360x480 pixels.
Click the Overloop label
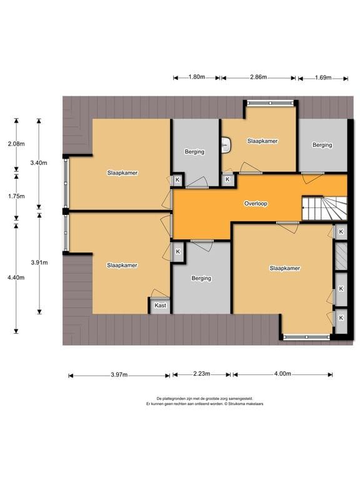[256, 204]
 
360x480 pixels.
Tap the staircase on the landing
[324, 208]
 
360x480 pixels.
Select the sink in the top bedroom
[226, 144]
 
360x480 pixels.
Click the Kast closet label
[160, 305]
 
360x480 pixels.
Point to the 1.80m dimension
[196, 77]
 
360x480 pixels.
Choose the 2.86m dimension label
[258, 77]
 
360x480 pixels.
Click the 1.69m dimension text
[323, 77]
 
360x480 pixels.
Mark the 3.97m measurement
[119, 375]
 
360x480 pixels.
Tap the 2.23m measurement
[201, 374]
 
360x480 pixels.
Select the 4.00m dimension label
[282, 374]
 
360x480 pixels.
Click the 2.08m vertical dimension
[16, 144]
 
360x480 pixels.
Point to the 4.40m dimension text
[16, 277]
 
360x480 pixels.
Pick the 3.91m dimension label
[39, 262]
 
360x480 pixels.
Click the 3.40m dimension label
[39, 163]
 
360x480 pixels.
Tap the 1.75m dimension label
[16, 196]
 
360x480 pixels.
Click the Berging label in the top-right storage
[322, 145]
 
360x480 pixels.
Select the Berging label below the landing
[201, 278]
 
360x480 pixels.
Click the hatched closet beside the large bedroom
[341, 256]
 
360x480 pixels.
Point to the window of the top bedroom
[270, 103]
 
